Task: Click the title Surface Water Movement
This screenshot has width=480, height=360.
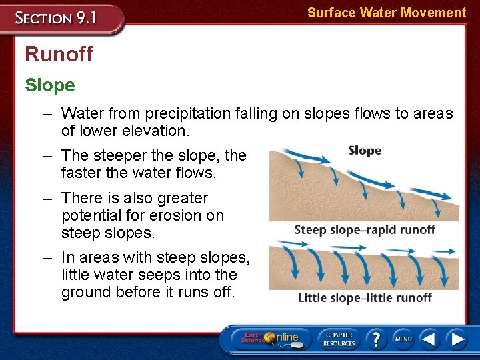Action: pyautogui.click(x=386, y=13)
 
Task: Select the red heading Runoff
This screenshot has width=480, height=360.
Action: pyautogui.click(x=59, y=54)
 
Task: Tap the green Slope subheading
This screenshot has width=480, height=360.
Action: pyautogui.click(x=50, y=85)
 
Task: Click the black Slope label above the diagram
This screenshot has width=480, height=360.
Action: pyautogui.click(x=365, y=151)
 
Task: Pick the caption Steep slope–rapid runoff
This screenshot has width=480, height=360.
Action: pyautogui.click(x=365, y=230)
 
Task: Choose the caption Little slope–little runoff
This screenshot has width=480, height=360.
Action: pyautogui.click(x=365, y=297)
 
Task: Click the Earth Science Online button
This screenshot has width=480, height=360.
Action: pyautogui.click(x=269, y=338)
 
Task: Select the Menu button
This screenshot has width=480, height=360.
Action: pyautogui.click(x=403, y=339)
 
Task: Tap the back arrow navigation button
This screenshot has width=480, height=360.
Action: pyautogui.click(x=429, y=339)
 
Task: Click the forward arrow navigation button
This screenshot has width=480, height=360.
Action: pyautogui.click(x=457, y=339)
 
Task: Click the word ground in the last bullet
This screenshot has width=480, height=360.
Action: pyautogui.click(x=84, y=292)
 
